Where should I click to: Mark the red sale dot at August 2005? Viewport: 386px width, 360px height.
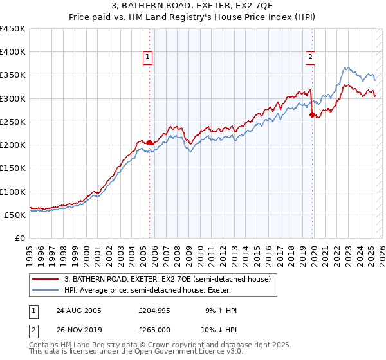coord(150,142)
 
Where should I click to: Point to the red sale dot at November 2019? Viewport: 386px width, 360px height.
coord(312,115)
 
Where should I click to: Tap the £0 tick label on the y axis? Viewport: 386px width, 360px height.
coord(21,238)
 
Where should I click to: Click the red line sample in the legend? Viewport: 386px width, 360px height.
coord(46,279)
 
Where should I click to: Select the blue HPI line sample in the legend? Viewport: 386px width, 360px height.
coord(46,290)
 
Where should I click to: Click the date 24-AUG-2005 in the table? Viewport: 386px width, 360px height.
coord(78,310)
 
